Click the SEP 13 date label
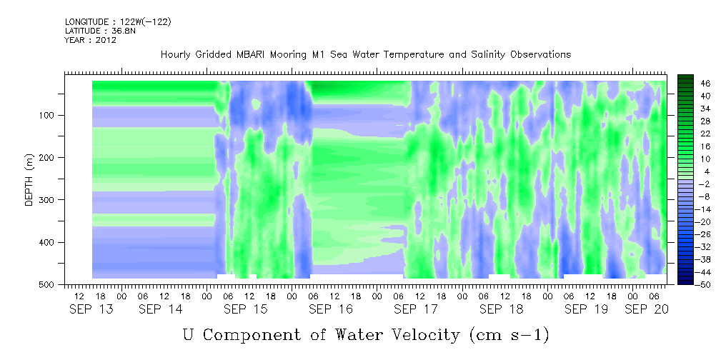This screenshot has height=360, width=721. [x=91, y=310]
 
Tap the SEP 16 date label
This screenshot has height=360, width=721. [x=331, y=310]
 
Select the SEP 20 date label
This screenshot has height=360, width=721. [x=647, y=310]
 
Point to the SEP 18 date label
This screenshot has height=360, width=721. [x=501, y=310]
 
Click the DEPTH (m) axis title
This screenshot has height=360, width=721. [x=29, y=179]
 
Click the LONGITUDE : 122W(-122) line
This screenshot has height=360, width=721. [x=118, y=21]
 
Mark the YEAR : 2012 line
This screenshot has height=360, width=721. [x=91, y=40]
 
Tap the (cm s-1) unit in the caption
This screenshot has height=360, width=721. [x=509, y=335]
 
